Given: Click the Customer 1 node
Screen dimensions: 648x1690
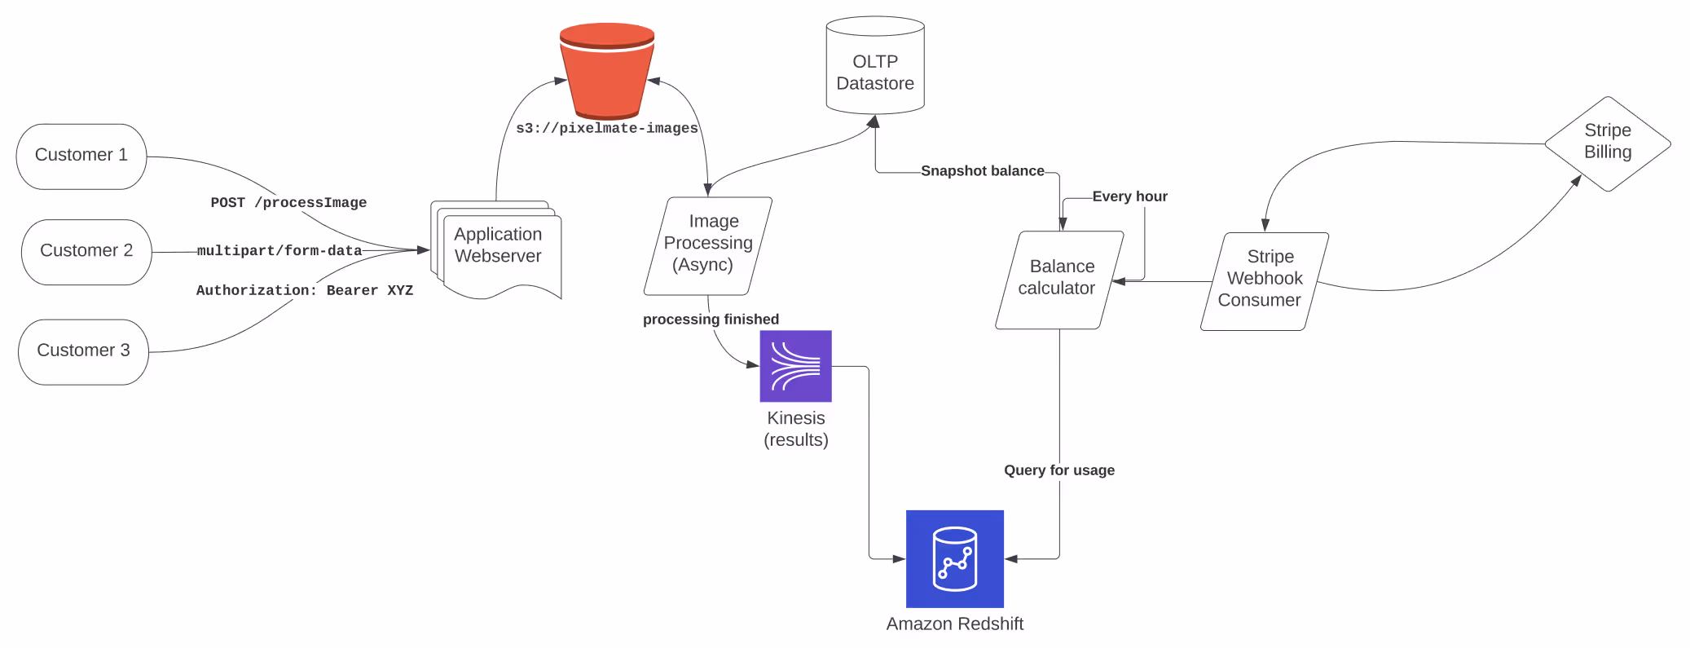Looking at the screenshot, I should (x=81, y=156).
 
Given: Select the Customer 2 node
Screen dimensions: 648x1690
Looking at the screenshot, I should (x=86, y=251).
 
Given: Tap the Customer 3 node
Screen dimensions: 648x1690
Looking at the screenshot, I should (x=83, y=351).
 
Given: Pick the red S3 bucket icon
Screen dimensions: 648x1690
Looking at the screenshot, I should (x=607, y=71).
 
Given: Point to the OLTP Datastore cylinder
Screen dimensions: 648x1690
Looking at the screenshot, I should (x=875, y=69).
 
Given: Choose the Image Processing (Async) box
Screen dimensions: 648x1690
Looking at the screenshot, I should (x=707, y=245).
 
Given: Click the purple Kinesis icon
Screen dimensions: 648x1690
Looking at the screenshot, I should (x=795, y=366).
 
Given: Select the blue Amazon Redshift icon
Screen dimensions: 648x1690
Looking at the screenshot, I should (x=954, y=558).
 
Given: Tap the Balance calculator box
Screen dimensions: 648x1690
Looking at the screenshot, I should (x=1058, y=279).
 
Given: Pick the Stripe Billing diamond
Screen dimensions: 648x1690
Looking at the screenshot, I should (x=1607, y=143).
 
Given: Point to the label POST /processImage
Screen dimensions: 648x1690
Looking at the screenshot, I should (x=288, y=202).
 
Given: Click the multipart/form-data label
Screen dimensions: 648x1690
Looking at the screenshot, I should (x=279, y=250).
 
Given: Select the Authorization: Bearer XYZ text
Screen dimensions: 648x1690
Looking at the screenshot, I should (x=305, y=290).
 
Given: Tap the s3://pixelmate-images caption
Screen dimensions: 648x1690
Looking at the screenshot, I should (x=607, y=128).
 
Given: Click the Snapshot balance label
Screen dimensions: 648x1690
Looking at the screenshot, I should (x=982, y=171).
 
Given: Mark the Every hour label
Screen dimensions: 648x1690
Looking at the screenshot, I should (x=1129, y=196).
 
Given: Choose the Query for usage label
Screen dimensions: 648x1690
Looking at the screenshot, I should (x=1058, y=470).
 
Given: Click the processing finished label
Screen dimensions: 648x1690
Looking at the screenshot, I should (x=711, y=320).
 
